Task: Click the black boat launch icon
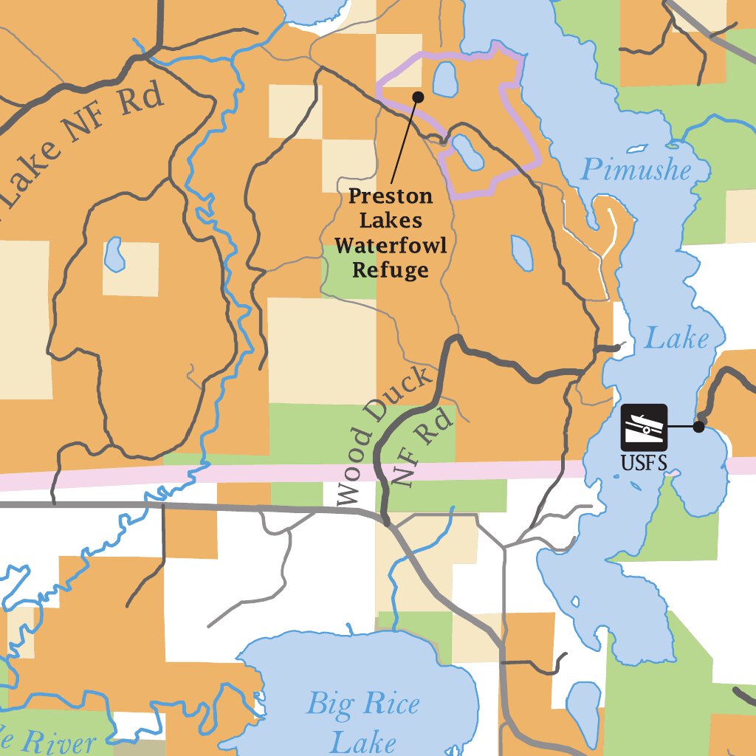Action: click(644, 427)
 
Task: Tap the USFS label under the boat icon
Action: click(645, 464)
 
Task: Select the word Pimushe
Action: click(636, 171)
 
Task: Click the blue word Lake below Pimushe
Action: click(676, 339)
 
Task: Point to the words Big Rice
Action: click(362, 703)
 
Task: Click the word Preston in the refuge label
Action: click(391, 196)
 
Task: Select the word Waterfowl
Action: click(391, 246)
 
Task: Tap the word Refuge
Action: click(391, 270)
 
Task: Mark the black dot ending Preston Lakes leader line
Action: click(418, 97)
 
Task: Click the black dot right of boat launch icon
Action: click(699, 426)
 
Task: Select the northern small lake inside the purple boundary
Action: click(444, 79)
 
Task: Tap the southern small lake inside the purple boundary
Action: click(468, 152)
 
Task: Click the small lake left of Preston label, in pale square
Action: click(114, 254)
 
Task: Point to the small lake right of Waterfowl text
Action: click(522, 253)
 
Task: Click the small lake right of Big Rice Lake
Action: click(585, 705)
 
